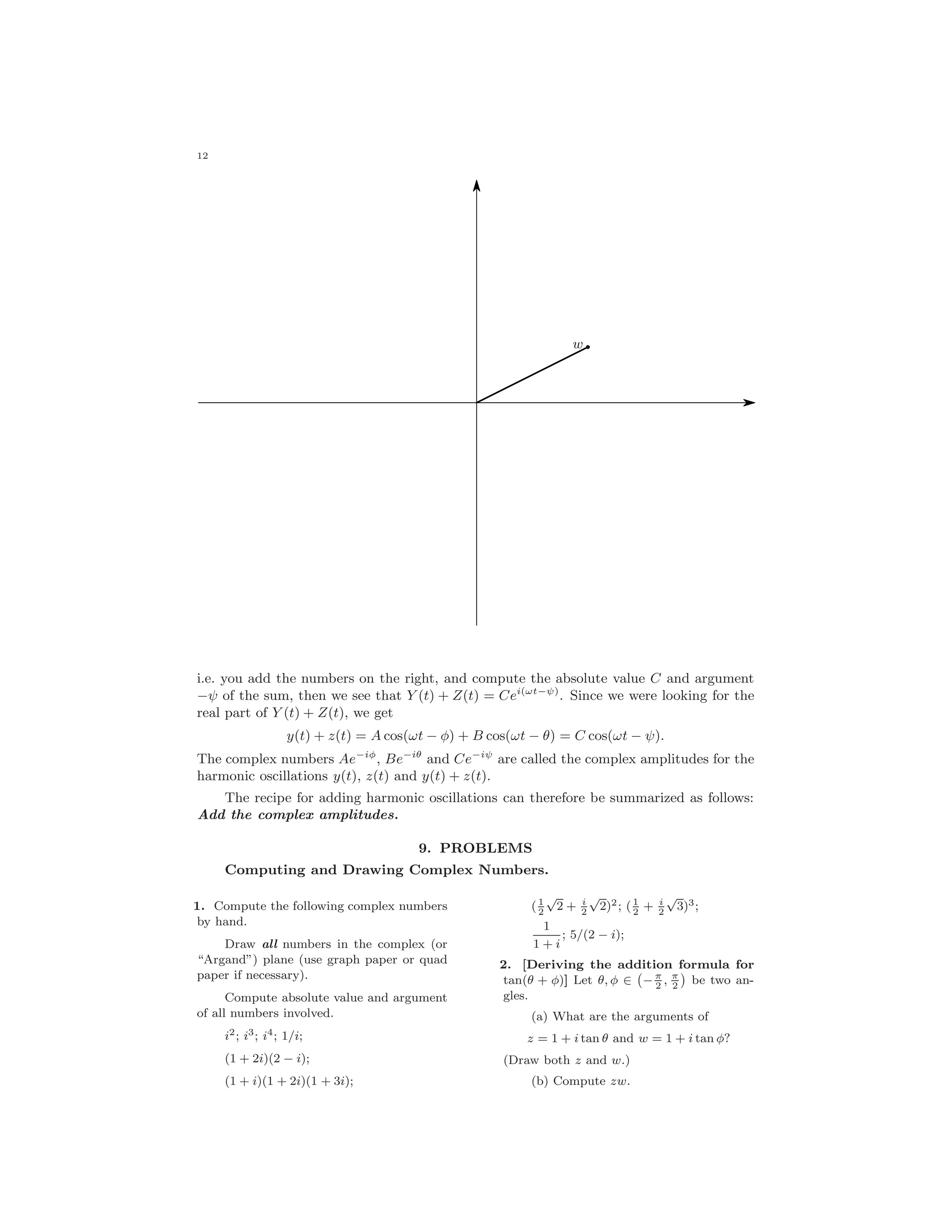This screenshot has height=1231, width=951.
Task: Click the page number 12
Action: pos(202,156)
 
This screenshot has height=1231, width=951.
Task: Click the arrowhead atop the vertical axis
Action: pos(476,186)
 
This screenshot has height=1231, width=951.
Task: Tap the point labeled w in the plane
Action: pos(587,347)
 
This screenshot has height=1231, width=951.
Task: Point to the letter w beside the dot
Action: pos(578,344)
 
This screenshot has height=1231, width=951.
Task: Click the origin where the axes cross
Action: pos(476,402)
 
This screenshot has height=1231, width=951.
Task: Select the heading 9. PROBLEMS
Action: pos(475,848)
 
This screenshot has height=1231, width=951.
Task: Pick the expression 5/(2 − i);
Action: pos(597,935)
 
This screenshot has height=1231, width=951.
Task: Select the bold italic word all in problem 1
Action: pos(270,944)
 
